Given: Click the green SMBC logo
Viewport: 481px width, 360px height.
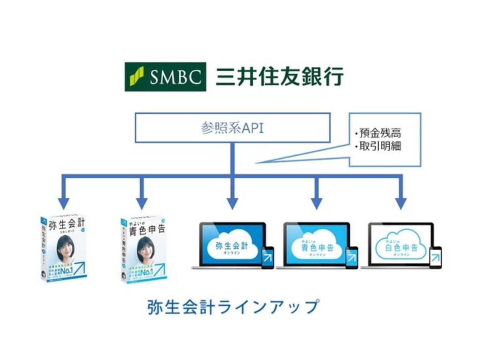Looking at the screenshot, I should [165, 77].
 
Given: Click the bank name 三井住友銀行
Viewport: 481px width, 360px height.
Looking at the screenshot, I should [279, 77].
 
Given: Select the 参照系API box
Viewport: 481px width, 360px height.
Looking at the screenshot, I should [232, 128].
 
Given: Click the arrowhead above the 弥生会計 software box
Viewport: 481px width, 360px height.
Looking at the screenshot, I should [63, 203].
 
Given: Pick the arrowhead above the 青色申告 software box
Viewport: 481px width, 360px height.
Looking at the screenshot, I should [141, 203].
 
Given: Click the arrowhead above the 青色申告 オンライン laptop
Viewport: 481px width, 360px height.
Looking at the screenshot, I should [316, 203].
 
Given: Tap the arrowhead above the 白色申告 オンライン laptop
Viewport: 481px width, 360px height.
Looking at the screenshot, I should [401, 203].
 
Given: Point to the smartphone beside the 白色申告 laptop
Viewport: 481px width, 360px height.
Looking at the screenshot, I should [435, 257].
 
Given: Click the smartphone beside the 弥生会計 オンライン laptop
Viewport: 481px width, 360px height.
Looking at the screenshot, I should [267, 257].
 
